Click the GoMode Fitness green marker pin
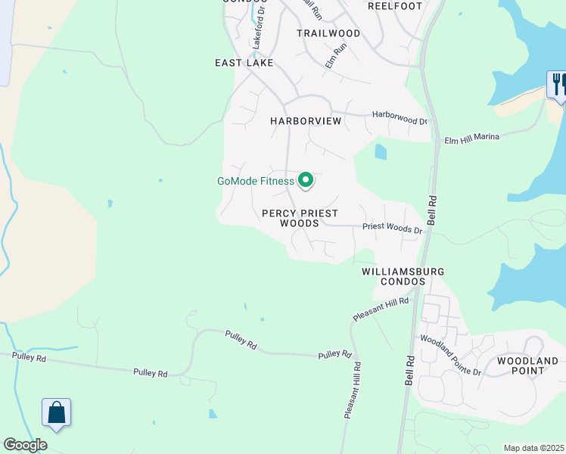point(306,180)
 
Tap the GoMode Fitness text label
point(255,181)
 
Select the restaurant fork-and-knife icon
point(558,84)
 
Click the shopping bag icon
point(57,412)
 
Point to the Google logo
point(25,445)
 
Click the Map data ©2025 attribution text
point(534,448)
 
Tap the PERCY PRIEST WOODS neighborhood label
point(300,219)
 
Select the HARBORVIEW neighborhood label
point(306,121)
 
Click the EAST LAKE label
point(244,63)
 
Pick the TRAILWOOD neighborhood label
point(328,33)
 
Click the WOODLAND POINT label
point(528,365)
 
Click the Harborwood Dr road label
point(400,117)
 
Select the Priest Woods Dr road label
point(392,227)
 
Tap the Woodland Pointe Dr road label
point(451,354)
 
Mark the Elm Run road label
point(335,56)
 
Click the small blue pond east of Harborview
point(380,152)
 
